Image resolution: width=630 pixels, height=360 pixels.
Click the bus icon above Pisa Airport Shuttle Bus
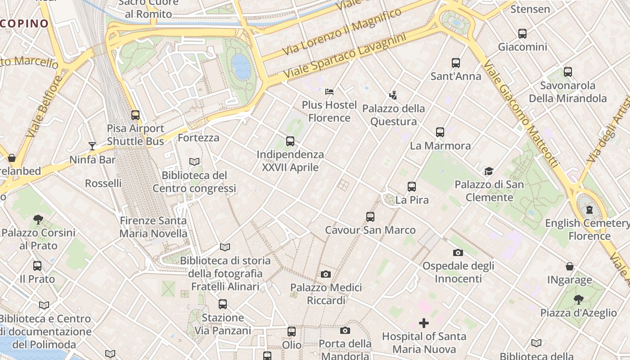(135, 115)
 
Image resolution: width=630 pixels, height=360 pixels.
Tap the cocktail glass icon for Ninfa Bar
(92, 146)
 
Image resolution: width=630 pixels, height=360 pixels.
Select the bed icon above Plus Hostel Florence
(329, 92)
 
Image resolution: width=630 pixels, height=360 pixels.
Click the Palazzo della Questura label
(393, 115)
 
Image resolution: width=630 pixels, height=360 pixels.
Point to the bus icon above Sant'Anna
(456, 63)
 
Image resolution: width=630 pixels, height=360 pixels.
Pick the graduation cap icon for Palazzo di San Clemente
(489, 171)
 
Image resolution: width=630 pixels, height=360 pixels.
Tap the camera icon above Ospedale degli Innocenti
(458, 252)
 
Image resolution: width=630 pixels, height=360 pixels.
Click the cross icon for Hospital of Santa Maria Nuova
(423, 323)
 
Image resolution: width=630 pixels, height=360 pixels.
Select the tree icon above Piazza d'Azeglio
(579, 299)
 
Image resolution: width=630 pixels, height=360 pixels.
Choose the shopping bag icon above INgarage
(570, 266)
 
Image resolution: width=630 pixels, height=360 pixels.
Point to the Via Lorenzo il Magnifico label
(342, 31)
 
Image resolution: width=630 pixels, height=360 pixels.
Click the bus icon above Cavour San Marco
(370, 217)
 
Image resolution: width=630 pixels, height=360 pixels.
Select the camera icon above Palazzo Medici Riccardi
(326, 274)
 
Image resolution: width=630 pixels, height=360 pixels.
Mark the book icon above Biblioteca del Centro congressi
(194, 162)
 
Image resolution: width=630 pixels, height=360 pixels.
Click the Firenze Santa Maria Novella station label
(153, 227)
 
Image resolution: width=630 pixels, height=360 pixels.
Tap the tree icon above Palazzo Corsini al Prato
(38, 220)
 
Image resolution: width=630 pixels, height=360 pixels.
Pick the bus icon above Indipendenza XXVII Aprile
(290, 141)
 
